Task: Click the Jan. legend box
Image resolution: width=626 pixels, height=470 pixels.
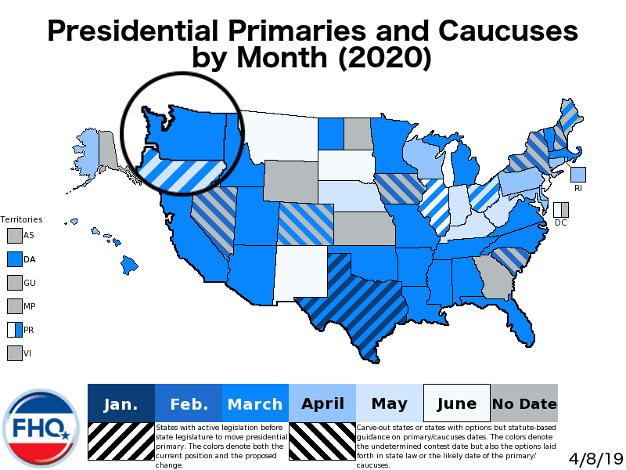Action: pyautogui.click(x=121, y=403)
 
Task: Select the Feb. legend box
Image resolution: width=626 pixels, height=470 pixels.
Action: pyautogui.click(x=189, y=403)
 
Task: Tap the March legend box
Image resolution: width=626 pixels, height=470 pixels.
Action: pyautogui.click(x=255, y=403)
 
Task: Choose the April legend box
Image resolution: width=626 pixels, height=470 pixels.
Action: pyautogui.click(x=322, y=403)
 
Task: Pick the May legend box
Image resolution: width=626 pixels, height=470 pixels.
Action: pyautogui.click(x=390, y=403)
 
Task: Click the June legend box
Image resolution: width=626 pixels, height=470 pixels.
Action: pyautogui.click(x=457, y=403)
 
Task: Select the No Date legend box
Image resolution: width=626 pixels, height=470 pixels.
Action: pyautogui.click(x=524, y=403)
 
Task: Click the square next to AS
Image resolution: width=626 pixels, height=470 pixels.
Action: pyautogui.click(x=15, y=235)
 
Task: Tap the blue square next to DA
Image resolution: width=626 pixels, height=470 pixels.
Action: pyautogui.click(x=15, y=258)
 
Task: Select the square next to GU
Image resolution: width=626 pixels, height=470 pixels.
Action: pyautogui.click(x=15, y=282)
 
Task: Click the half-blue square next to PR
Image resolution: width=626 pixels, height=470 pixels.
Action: pyautogui.click(x=15, y=330)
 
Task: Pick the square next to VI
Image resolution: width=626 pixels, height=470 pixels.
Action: pyautogui.click(x=15, y=353)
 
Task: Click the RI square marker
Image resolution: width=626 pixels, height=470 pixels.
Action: pyautogui.click(x=578, y=175)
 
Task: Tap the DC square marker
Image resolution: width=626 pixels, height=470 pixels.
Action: pyautogui.click(x=560, y=210)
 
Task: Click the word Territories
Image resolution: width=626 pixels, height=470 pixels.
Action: pyautogui.click(x=21, y=219)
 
